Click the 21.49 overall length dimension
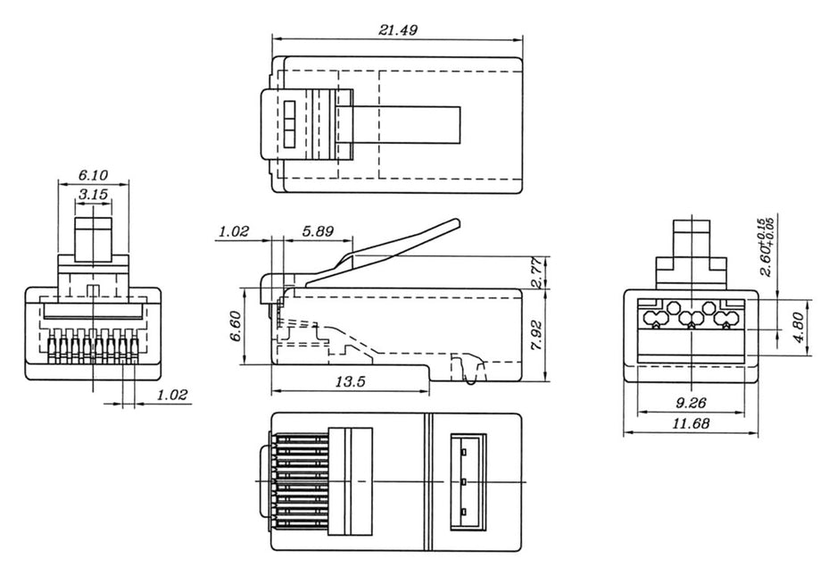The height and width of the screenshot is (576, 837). pyautogui.click(x=397, y=29)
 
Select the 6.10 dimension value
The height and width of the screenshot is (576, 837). pyautogui.click(x=93, y=175)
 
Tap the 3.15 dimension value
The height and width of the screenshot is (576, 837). pyautogui.click(x=93, y=193)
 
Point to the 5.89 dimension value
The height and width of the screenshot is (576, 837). pyautogui.click(x=318, y=230)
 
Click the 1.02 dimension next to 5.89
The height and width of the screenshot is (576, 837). pyautogui.click(x=234, y=230)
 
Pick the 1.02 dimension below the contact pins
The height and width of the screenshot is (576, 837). pyautogui.click(x=172, y=395)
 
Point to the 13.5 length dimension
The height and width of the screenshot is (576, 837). pyautogui.click(x=349, y=381)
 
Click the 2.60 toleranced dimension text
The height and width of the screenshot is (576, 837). pyautogui.click(x=765, y=247)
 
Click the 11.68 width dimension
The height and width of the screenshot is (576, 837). pyautogui.click(x=691, y=424)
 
